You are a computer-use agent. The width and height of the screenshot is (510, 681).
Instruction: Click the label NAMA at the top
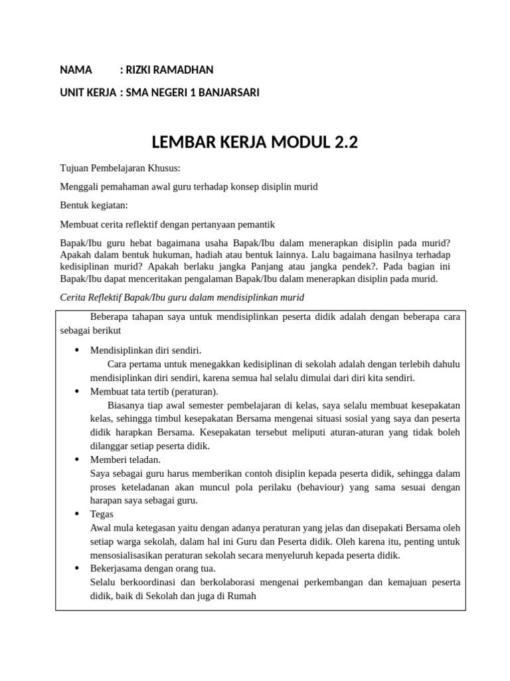(76, 70)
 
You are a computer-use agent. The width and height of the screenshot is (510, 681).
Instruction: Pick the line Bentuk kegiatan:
(94, 205)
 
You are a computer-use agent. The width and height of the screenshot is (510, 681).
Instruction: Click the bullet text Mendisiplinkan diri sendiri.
(145, 350)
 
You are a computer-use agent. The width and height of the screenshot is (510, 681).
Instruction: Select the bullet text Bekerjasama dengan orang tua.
(153, 569)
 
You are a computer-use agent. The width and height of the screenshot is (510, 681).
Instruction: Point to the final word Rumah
(242, 597)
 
